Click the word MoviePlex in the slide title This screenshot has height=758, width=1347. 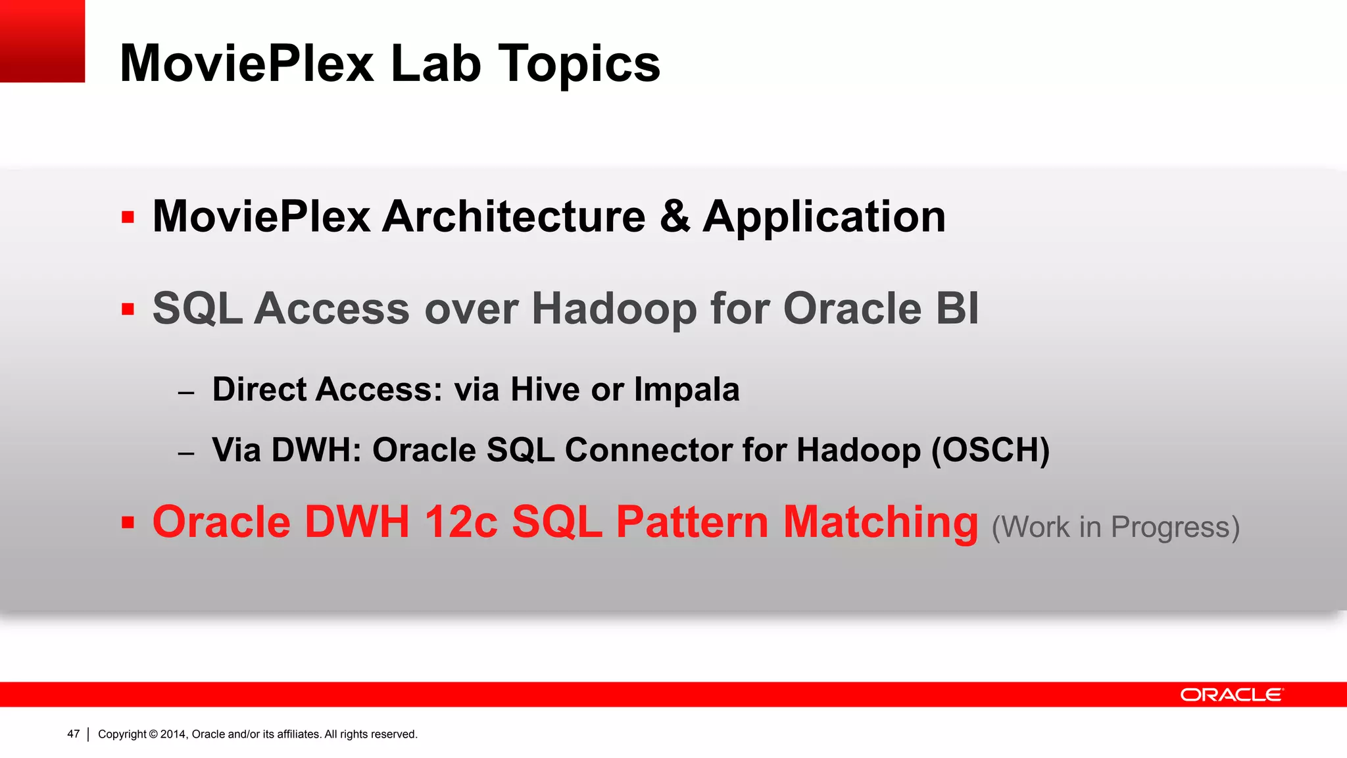(247, 64)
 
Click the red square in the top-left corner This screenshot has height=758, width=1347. (42, 41)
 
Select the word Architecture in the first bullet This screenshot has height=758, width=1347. (514, 217)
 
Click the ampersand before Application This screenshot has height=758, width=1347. (675, 217)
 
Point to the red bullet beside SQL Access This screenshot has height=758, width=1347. (128, 309)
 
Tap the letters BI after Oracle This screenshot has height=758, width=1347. (957, 309)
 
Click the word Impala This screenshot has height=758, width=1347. (687, 390)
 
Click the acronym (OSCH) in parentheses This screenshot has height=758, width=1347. (990, 451)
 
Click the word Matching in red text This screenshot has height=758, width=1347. (880, 522)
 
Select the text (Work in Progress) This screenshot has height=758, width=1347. (1115, 528)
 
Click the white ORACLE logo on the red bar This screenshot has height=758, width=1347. (1231, 695)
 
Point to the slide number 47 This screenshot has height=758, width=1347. (73, 734)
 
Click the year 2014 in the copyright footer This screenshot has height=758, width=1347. (174, 734)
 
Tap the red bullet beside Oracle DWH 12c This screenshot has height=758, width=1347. (128, 523)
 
